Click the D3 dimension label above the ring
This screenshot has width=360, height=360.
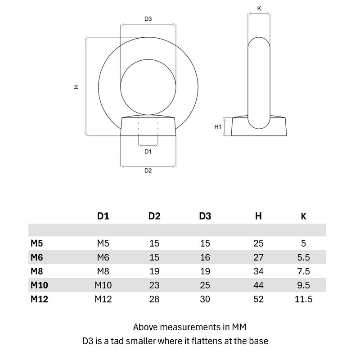point(148,19)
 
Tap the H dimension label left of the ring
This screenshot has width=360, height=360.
point(76,87)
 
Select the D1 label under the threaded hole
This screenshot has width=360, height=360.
point(148,152)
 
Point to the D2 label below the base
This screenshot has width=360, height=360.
point(148,171)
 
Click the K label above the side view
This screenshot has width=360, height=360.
point(259,9)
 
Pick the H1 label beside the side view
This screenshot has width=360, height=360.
point(218,127)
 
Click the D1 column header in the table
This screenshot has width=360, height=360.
point(103,216)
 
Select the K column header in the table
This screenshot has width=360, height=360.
point(303,216)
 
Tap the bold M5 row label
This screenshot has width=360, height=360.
point(37,243)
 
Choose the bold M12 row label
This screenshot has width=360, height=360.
point(39,299)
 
